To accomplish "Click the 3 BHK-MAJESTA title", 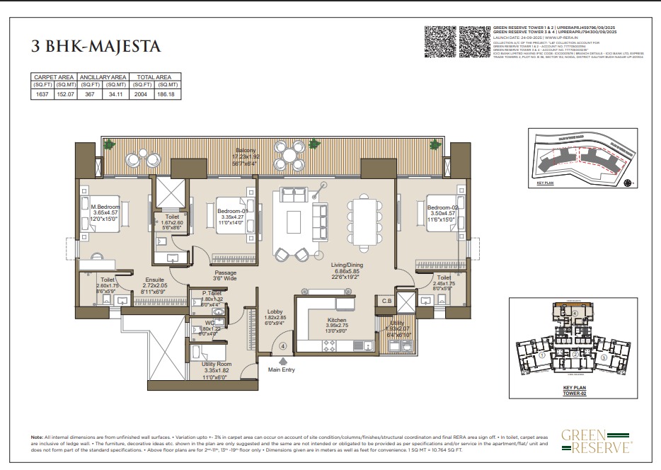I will [x=96, y=47].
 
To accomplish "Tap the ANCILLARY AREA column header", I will [x=103, y=76].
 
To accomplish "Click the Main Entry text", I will [x=282, y=368].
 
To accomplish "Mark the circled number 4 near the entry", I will [x=282, y=346].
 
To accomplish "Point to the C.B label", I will [x=386, y=301].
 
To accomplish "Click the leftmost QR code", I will [x=439, y=42].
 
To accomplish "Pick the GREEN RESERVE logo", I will [x=597, y=440].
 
